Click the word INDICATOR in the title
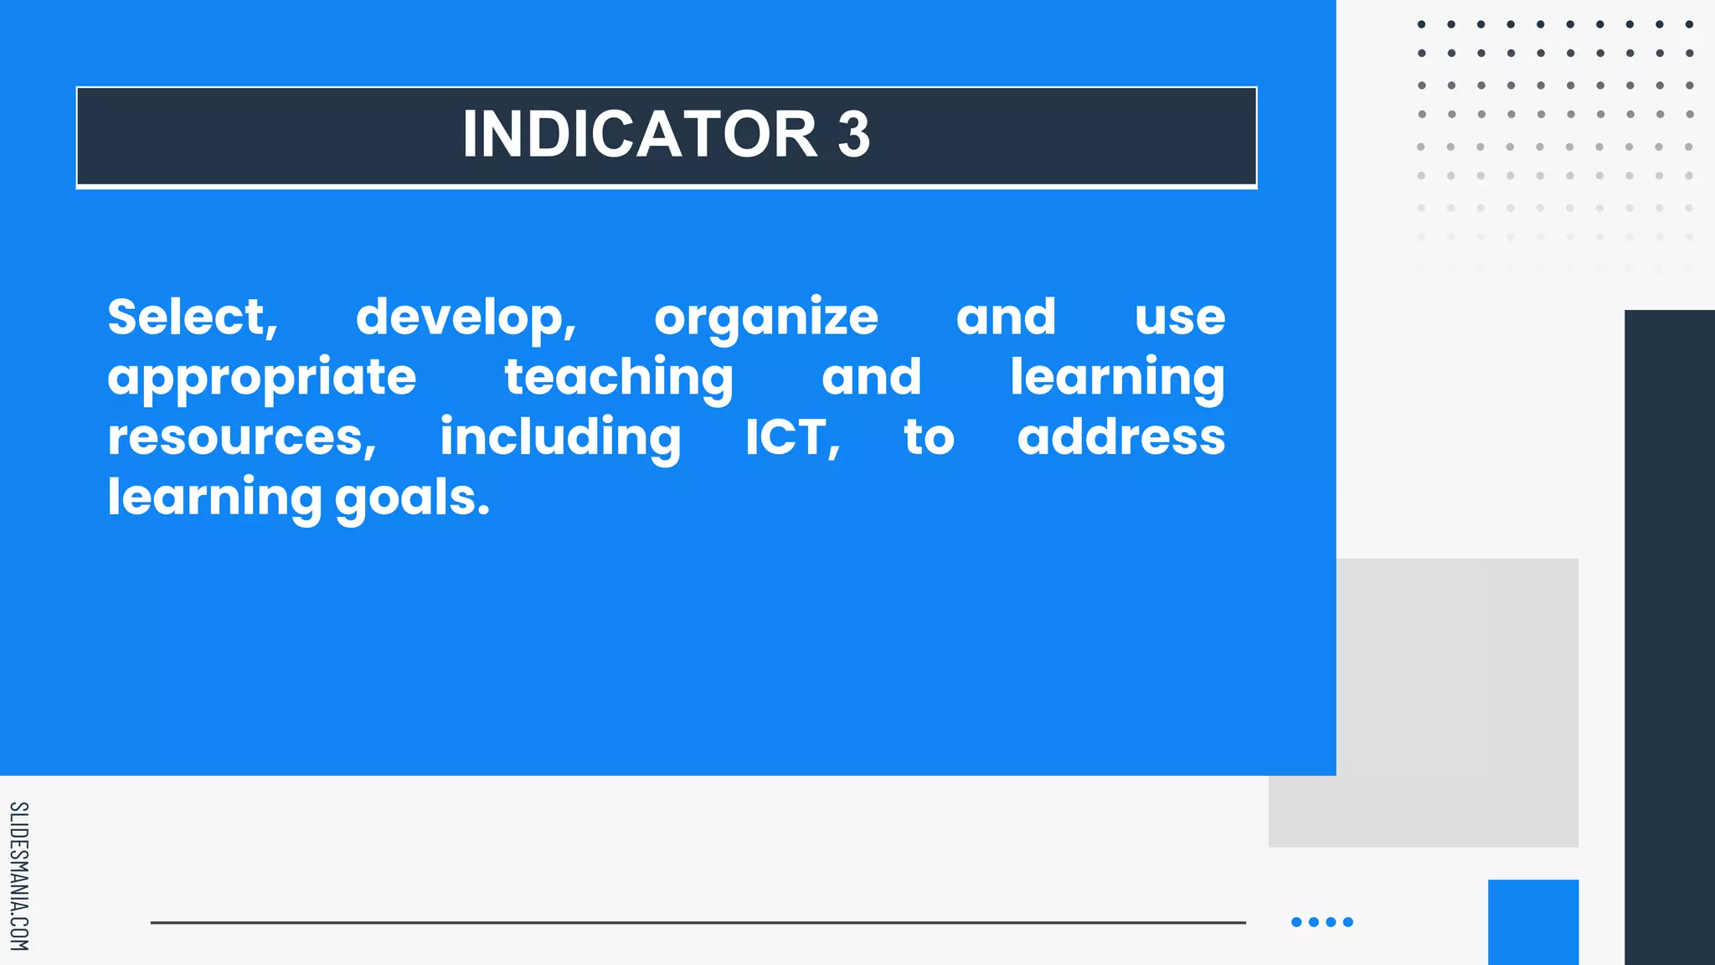pyautogui.click(x=640, y=134)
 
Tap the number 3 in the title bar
pyautogui.click(x=853, y=134)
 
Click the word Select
pyautogui.click(x=192, y=317)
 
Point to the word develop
pyautogui.click(x=466, y=318)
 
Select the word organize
pyautogui.click(x=765, y=318)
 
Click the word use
pyautogui.click(x=1179, y=318)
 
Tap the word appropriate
pyautogui.click(x=261, y=379)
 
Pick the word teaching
pyautogui.click(x=618, y=378)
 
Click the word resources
pyautogui.click(x=240, y=438)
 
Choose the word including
pyautogui.click(x=560, y=438)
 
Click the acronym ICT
pyautogui.click(x=791, y=438)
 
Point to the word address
pyautogui.click(x=1120, y=438)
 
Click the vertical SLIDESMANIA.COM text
pyautogui.click(x=18, y=876)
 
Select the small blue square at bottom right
pyautogui.click(x=1532, y=921)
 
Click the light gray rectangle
pyautogui.click(x=1457, y=704)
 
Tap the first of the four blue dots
pyautogui.click(x=1296, y=922)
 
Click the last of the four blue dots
pyautogui.click(x=1348, y=922)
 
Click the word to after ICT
pyautogui.click(x=929, y=438)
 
